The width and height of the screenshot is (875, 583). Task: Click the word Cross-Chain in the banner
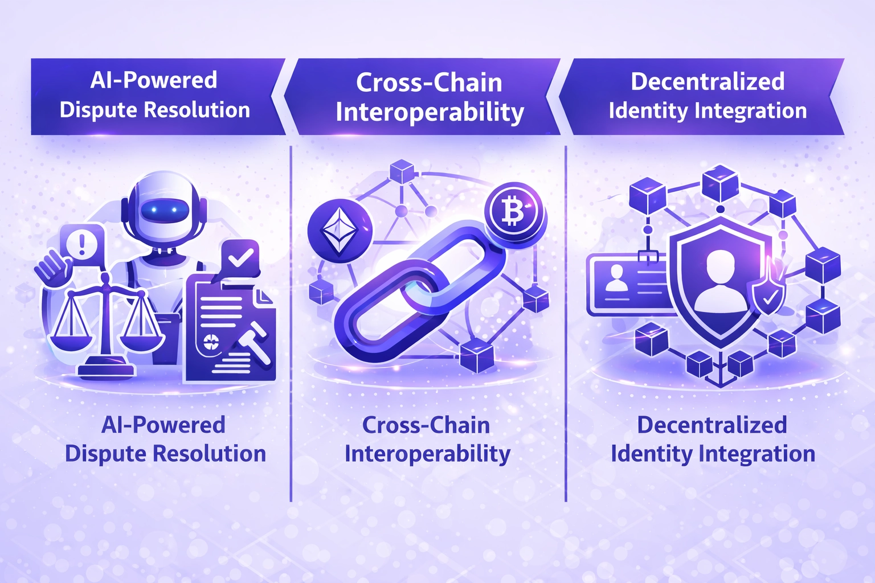(429, 83)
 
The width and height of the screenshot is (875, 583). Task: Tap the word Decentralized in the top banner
(708, 82)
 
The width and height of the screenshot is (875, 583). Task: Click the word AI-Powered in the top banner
(154, 80)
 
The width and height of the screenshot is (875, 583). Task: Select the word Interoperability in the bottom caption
(427, 454)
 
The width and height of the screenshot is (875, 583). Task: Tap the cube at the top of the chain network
(402, 170)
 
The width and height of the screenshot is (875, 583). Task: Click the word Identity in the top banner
(647, 110)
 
